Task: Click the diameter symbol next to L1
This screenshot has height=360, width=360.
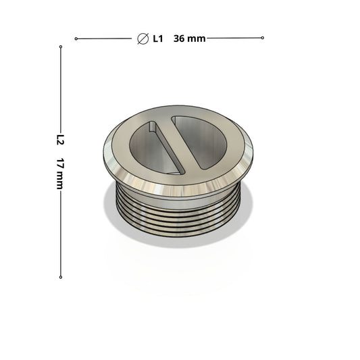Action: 143,38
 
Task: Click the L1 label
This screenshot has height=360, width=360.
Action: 158,38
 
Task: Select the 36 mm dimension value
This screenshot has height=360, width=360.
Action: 189,38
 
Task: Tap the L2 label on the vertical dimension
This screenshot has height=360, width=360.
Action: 60,140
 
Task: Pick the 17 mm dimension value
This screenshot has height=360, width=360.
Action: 60,174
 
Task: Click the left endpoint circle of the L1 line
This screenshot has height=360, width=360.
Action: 76,38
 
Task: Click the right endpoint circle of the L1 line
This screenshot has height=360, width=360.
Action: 263,38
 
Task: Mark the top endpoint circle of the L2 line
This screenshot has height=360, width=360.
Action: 61,47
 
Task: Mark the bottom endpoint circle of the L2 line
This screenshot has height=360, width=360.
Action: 61,277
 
